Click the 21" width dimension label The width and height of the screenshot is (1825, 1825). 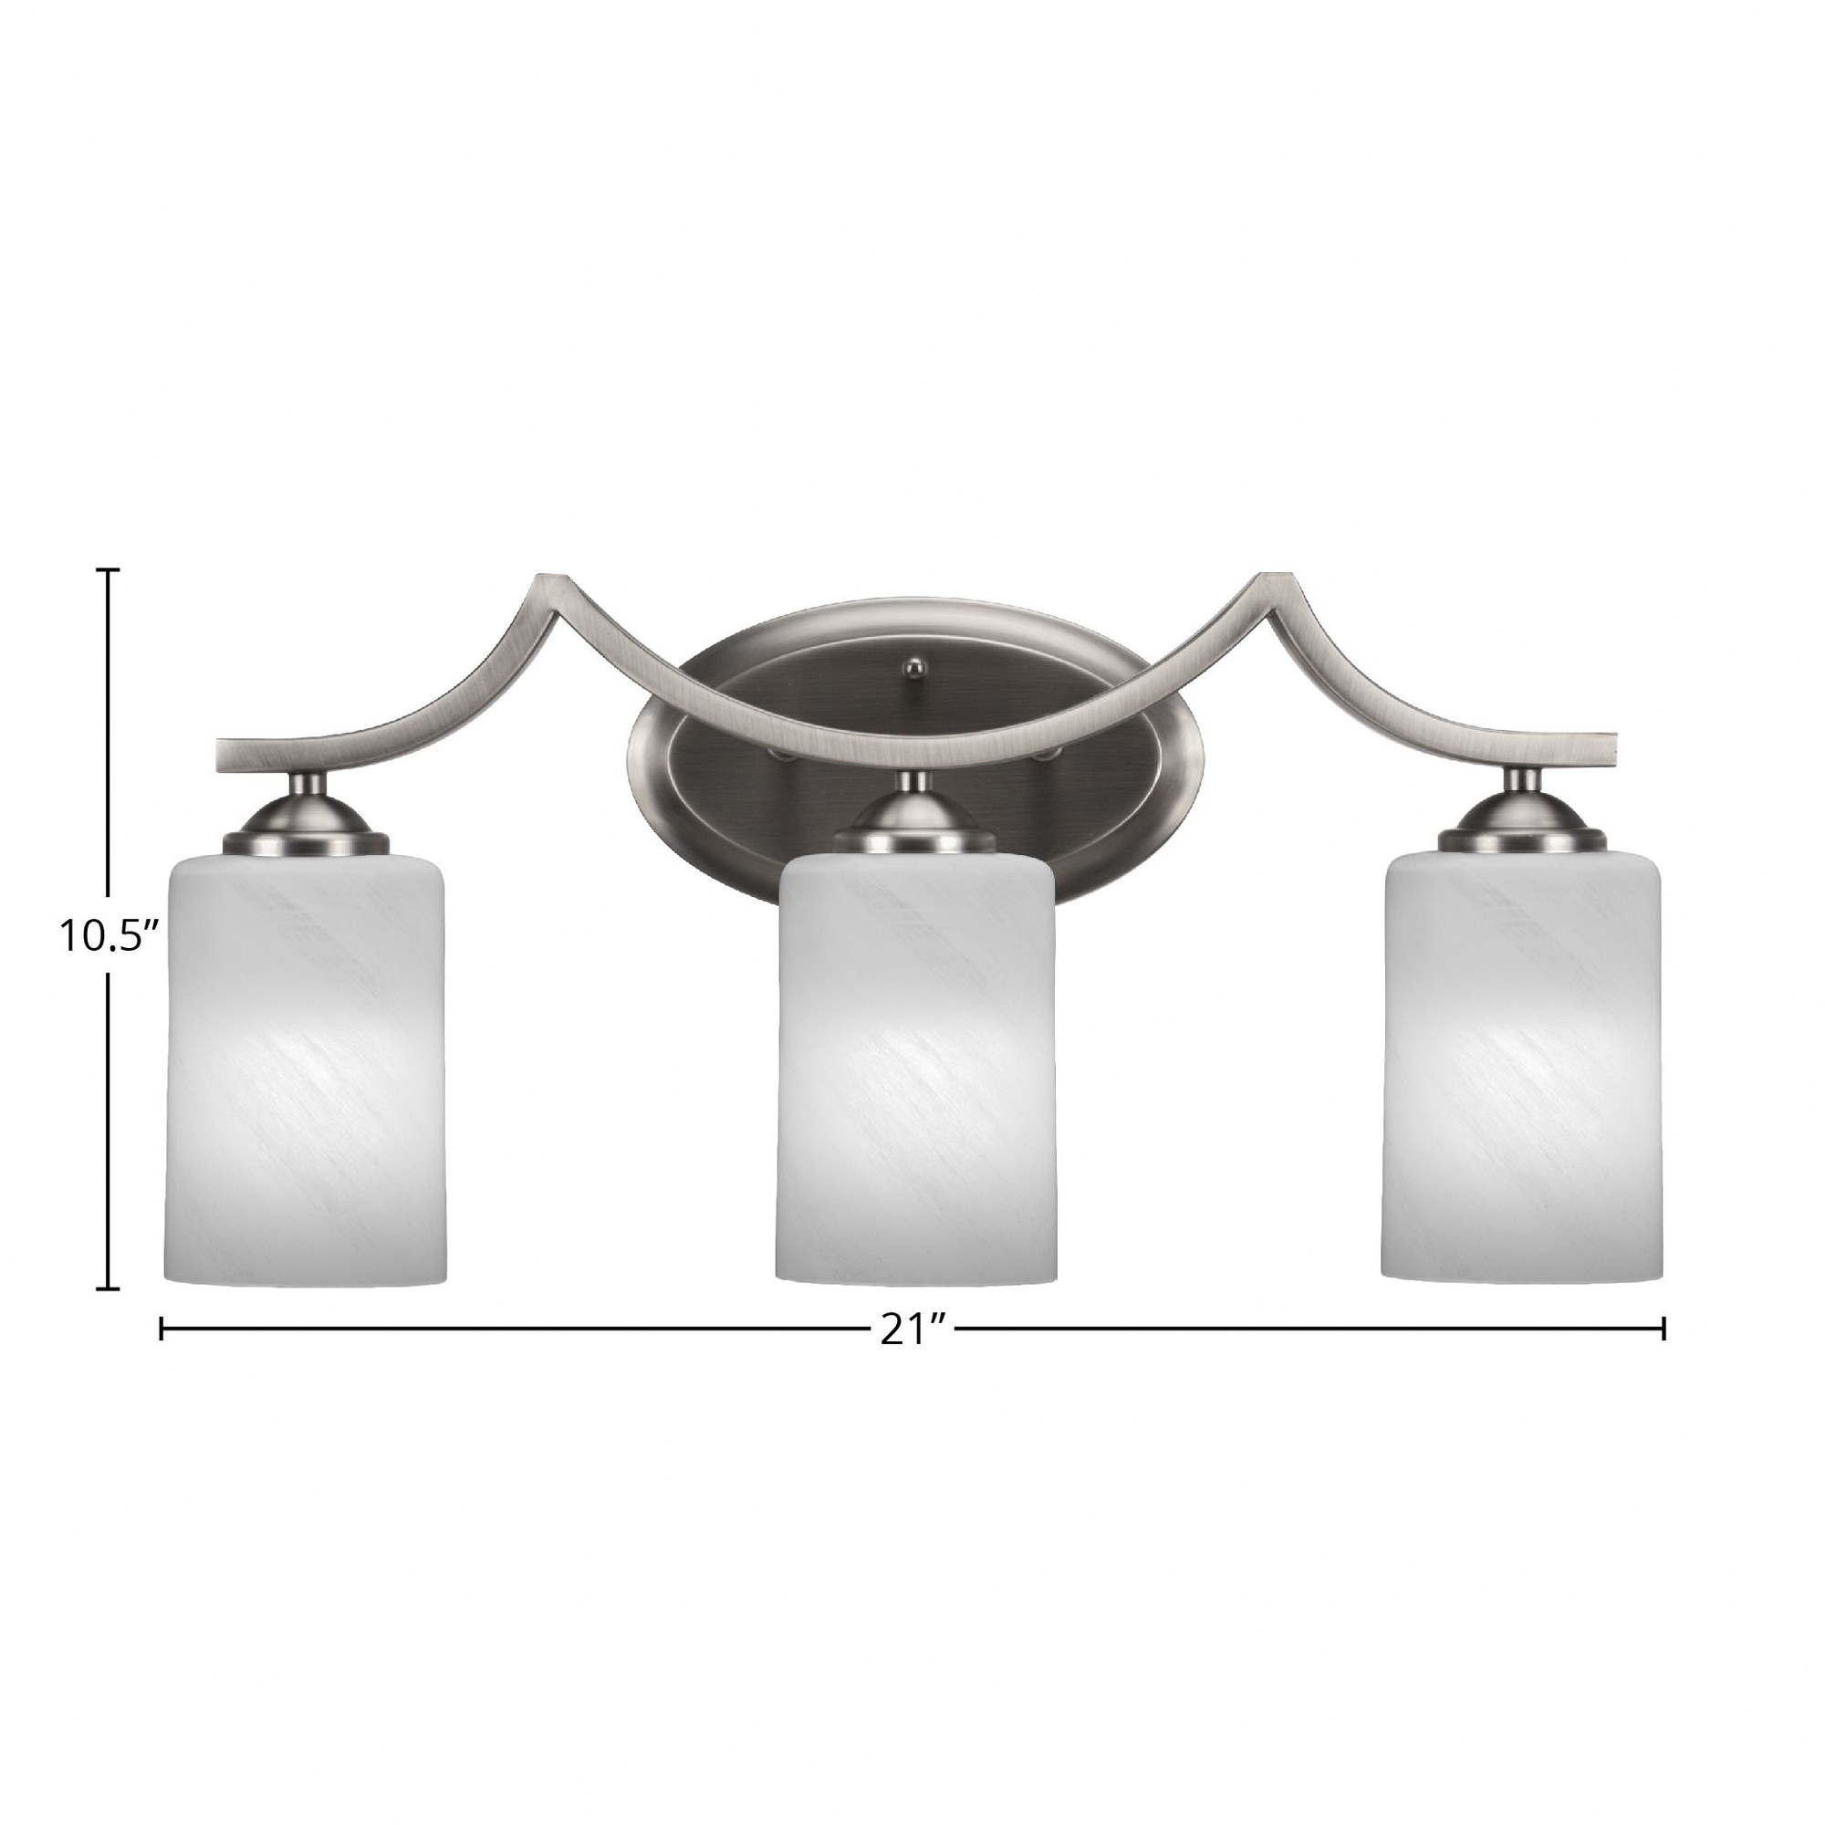(913, 1330)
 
